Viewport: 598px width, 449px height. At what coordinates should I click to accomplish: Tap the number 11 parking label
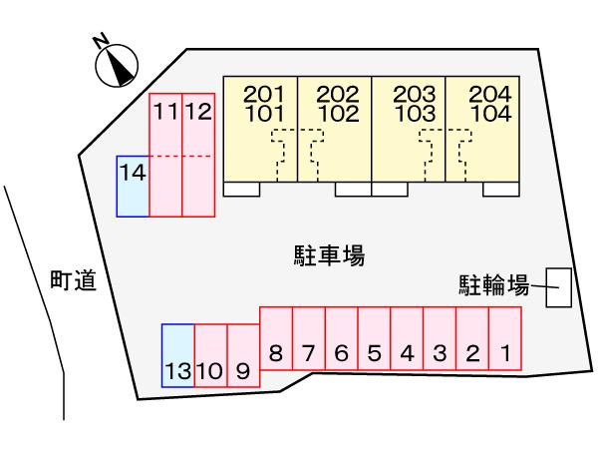tap(165, 112)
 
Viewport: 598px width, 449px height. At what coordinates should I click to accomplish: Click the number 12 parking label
tap(199, 112)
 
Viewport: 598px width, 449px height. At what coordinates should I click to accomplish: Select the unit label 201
tap(264, 95)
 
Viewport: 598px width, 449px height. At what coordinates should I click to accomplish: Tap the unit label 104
tap(489, 113)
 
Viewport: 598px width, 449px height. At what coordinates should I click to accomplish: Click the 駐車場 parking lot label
tap(330, 256)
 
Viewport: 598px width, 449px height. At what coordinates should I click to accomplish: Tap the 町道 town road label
tap(73, 282)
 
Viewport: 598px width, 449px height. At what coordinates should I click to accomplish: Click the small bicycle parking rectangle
tap(559, 287)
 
